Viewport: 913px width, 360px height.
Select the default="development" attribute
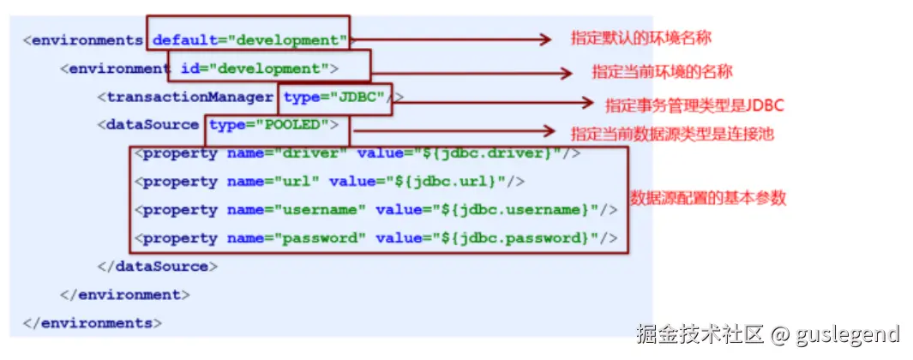tap(249, 40)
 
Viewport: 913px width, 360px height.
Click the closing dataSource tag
tap(159, 267)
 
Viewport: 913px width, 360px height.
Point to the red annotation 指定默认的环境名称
tap(640, 39)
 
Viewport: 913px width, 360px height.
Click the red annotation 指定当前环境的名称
tap(662, 71)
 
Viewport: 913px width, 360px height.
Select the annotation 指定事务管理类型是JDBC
tap(694, 105)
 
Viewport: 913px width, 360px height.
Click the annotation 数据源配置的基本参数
tap(708, 198)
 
